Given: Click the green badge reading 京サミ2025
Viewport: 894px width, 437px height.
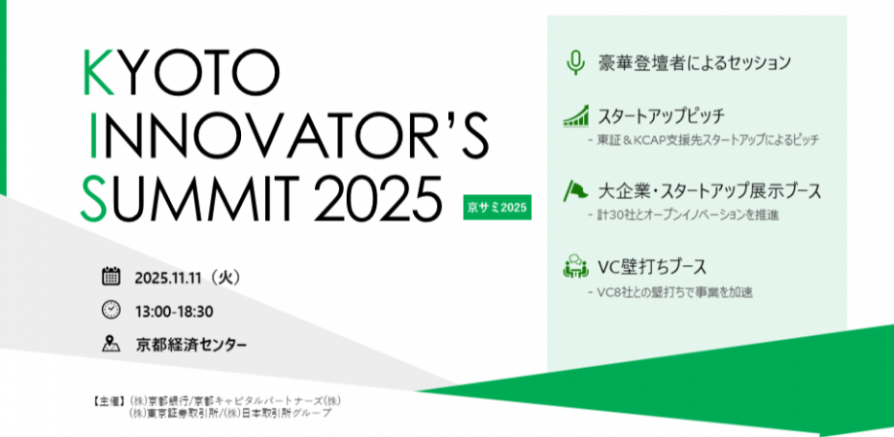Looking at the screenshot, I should tap(498, 208).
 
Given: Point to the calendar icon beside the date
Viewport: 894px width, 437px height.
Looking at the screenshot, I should tap(111, 277).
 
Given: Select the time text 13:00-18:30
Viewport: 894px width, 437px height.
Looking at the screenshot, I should tap(174, 312).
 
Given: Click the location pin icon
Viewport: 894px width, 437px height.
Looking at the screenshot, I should tap(111, 344).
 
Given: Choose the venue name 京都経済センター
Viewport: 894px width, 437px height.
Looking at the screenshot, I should tap(191, 345).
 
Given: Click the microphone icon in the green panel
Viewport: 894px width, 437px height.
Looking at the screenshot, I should tap(575, 63).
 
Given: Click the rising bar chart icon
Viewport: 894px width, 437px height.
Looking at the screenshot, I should tap(576, 118).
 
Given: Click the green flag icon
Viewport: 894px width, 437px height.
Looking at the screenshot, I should tap(574, 189).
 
